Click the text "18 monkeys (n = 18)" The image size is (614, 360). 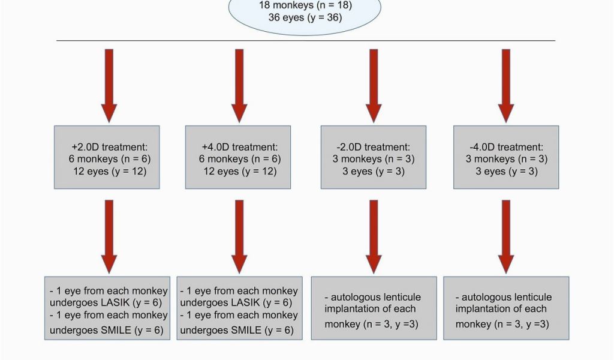(305, 5)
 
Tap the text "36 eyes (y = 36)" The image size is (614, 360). (305, 17)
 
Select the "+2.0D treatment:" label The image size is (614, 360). (110, 147)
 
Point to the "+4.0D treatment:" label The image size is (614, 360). (240, 147)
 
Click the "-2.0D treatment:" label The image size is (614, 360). (373, 147)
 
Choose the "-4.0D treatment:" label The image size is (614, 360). (506, 147)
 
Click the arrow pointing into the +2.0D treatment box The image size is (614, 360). (109, 86)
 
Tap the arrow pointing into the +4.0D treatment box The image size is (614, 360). (239, 86)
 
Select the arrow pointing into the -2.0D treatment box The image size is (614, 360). (374, 86)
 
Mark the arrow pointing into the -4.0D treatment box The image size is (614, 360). (506, 86)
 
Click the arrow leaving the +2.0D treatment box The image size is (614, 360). (109, 236)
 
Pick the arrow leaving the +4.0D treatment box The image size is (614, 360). (239, 236)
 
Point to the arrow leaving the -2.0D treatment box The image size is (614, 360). (374, 236)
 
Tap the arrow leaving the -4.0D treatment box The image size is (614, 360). (506, 236)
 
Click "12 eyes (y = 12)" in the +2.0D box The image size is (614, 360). (110, 171)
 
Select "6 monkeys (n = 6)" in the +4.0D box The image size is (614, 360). (240, 159)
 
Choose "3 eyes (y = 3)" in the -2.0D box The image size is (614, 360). (373, 171)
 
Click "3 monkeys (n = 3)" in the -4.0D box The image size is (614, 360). (506, 159)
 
